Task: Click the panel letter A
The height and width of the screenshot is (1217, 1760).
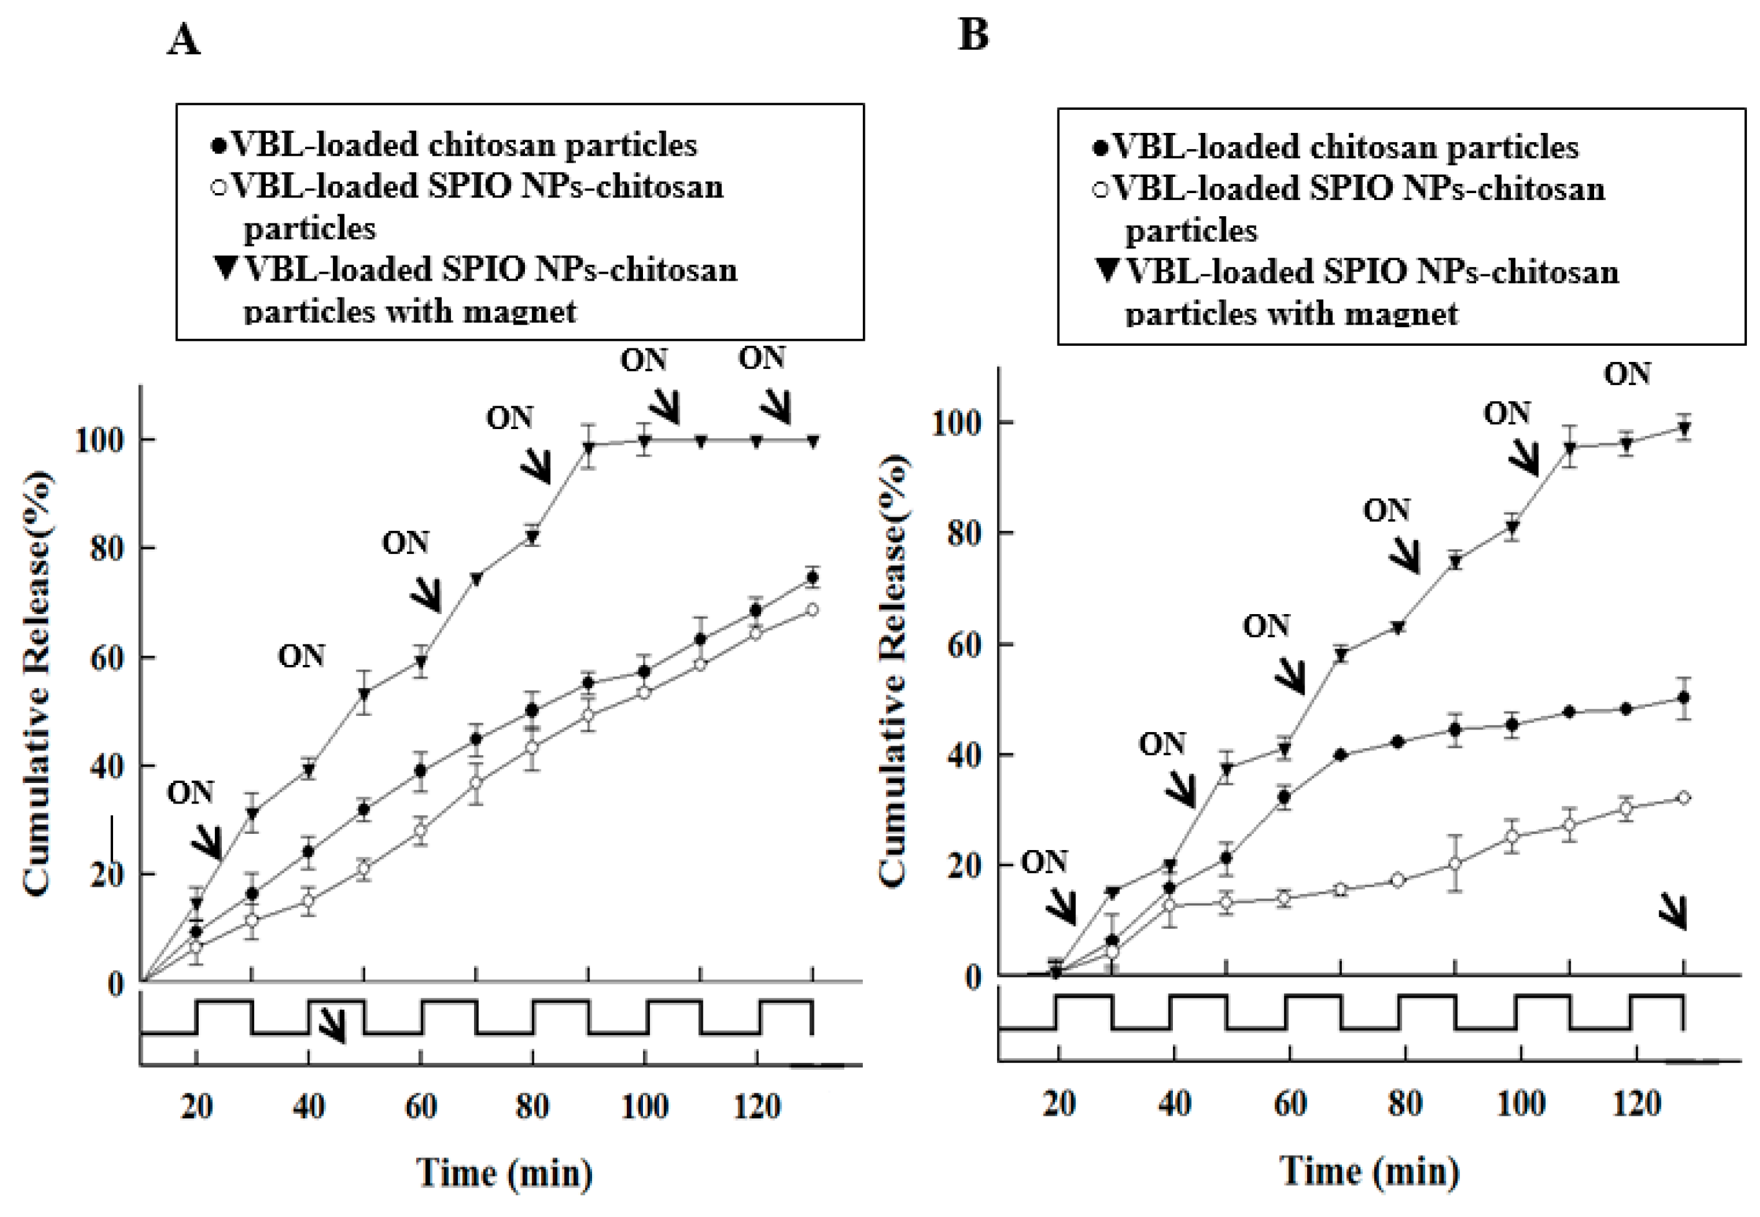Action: point(184,40)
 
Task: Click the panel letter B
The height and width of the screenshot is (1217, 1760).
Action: point(973,34)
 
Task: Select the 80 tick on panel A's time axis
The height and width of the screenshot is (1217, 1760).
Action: point(532,1106)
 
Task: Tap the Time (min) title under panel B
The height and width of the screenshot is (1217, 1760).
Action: point(1369,1171)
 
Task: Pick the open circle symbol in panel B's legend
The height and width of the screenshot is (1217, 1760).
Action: point(1100,188)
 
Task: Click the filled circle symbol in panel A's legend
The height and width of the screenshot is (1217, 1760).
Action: point(218,145)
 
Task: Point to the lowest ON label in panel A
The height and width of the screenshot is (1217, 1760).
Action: point(191,793)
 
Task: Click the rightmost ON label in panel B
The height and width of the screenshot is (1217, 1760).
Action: point(1626,374)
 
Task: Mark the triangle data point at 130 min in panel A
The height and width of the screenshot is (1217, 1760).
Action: point(813,441)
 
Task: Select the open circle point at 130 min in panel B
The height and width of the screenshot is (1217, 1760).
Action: point(1684,798)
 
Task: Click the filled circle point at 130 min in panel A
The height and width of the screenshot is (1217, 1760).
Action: point(813,577)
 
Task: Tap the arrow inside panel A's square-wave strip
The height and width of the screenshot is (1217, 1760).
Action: point(332,1026)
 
